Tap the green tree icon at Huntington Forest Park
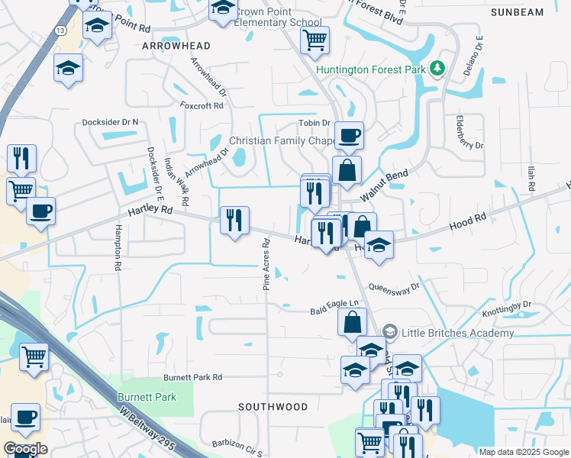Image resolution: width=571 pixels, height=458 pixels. pos(437,69)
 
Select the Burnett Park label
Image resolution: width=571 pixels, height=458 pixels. pos(147,397)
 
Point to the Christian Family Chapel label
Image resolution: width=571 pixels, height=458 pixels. pos(282,141)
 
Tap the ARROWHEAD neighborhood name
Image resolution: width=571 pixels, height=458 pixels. pos(170,47)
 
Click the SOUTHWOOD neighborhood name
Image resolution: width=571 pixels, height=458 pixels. pos(273,408)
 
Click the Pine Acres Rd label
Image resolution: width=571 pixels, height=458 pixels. pos(267,265)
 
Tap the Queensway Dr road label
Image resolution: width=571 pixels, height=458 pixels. pos(394,288)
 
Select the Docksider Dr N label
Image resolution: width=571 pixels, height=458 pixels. pos(111,122)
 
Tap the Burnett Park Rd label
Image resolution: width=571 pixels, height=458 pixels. pos(192,377)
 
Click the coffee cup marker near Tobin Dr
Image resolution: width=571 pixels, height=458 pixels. pos(349,135)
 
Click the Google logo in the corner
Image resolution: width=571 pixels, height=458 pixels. pos(25,449)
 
